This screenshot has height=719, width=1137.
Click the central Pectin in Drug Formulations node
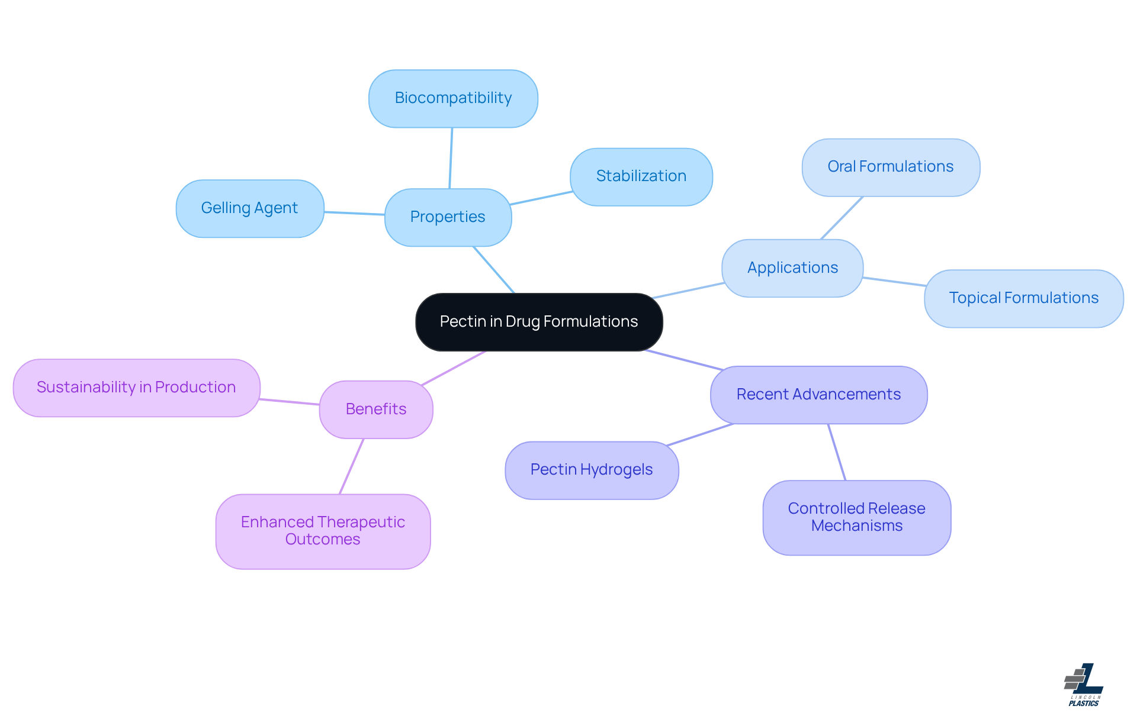(539, 322)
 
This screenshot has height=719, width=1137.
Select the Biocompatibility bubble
(453, 98)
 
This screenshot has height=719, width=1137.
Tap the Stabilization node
(641, 176)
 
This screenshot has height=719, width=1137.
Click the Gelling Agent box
(249, 208)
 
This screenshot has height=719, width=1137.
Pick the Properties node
(448, 217)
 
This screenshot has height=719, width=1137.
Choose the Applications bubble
(792, 268)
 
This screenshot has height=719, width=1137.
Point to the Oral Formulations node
(890, 167)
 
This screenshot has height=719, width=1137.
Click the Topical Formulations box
(1023, 298)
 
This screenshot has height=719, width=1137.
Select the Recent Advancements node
(818, 395)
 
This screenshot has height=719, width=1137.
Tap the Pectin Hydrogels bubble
(591, 470)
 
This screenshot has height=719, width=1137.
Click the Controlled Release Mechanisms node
(856, 517)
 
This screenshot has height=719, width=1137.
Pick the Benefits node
(376, 410)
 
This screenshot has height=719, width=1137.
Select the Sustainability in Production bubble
(136, 388)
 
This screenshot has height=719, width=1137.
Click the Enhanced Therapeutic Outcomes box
(323, 531)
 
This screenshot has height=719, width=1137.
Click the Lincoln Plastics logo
(1084, 685)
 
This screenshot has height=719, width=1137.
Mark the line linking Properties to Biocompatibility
(451, 158)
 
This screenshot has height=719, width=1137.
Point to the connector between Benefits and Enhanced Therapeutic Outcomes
(351, 466)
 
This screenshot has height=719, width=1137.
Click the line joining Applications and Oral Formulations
(841, 218)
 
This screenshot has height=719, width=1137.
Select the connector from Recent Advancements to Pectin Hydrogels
(700, 434)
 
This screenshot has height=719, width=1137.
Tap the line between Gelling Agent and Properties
(354, 213)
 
